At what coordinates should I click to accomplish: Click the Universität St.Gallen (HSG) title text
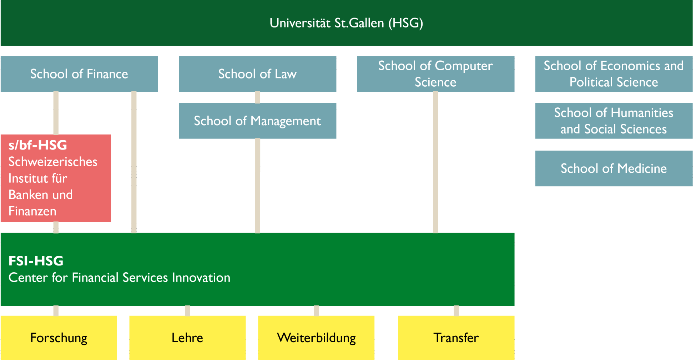[346, 23]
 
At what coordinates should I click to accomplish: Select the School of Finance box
[79, 74]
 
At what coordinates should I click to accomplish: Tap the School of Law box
[257, 74]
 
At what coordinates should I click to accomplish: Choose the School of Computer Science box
[435, 74]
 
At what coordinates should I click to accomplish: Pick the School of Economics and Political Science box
[614, 74]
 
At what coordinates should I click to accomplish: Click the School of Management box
[257, 121]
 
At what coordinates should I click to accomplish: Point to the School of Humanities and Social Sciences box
[614, 121]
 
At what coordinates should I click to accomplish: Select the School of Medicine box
[614, 168]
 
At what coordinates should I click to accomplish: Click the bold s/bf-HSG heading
[38, 145]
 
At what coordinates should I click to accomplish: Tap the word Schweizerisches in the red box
[53, 162]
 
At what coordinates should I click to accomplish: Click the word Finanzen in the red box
[32, 211]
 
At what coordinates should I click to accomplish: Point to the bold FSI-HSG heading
[36, 261]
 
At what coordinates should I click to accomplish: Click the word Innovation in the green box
[201, 278]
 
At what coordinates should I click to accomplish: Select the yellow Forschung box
[59, 338]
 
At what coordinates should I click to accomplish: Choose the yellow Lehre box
[187, 338]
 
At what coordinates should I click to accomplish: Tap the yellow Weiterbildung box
[316, 338]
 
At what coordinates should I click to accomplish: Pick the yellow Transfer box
[456, 338]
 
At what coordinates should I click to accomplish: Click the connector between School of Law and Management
[257, 97]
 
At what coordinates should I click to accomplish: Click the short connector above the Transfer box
[456, 310]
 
